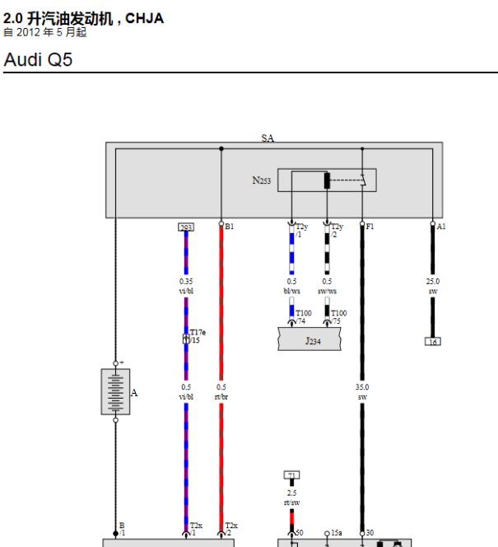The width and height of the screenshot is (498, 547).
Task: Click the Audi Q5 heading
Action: tap(38, 59)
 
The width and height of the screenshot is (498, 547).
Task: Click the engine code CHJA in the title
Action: tap(144, 18)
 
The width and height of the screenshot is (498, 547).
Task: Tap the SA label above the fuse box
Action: tap(268, 138)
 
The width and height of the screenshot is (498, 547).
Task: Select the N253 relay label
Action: tap(262, 180)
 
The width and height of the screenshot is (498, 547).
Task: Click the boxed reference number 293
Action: tap(186, 227)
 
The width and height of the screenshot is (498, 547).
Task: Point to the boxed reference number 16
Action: tap(433, 341)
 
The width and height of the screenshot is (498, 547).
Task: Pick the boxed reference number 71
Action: tap(291, 475)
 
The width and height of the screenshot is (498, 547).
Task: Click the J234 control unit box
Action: tap(310, 339)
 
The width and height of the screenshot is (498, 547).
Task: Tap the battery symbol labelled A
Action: tap(115, 392)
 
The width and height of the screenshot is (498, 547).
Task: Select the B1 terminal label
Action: tap(230, 226)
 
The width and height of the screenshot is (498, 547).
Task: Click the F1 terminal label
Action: tap(370, 226)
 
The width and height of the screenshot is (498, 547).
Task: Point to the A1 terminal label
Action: tap(441, 226)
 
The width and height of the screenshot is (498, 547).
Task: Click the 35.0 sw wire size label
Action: tap(362, 391)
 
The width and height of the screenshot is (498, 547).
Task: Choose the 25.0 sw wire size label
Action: tap(433, 286)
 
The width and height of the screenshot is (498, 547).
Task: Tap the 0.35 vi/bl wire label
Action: tap(186, 286)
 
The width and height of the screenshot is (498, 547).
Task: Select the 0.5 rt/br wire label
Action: tap(221, 391)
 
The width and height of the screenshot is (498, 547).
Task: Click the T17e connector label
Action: tap(198, 333)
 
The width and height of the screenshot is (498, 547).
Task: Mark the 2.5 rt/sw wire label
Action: tap(291, 497)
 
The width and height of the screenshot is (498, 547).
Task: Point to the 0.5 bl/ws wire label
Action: tap(291, 286)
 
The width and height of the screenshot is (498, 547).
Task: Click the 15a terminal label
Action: tap(336, 533)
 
